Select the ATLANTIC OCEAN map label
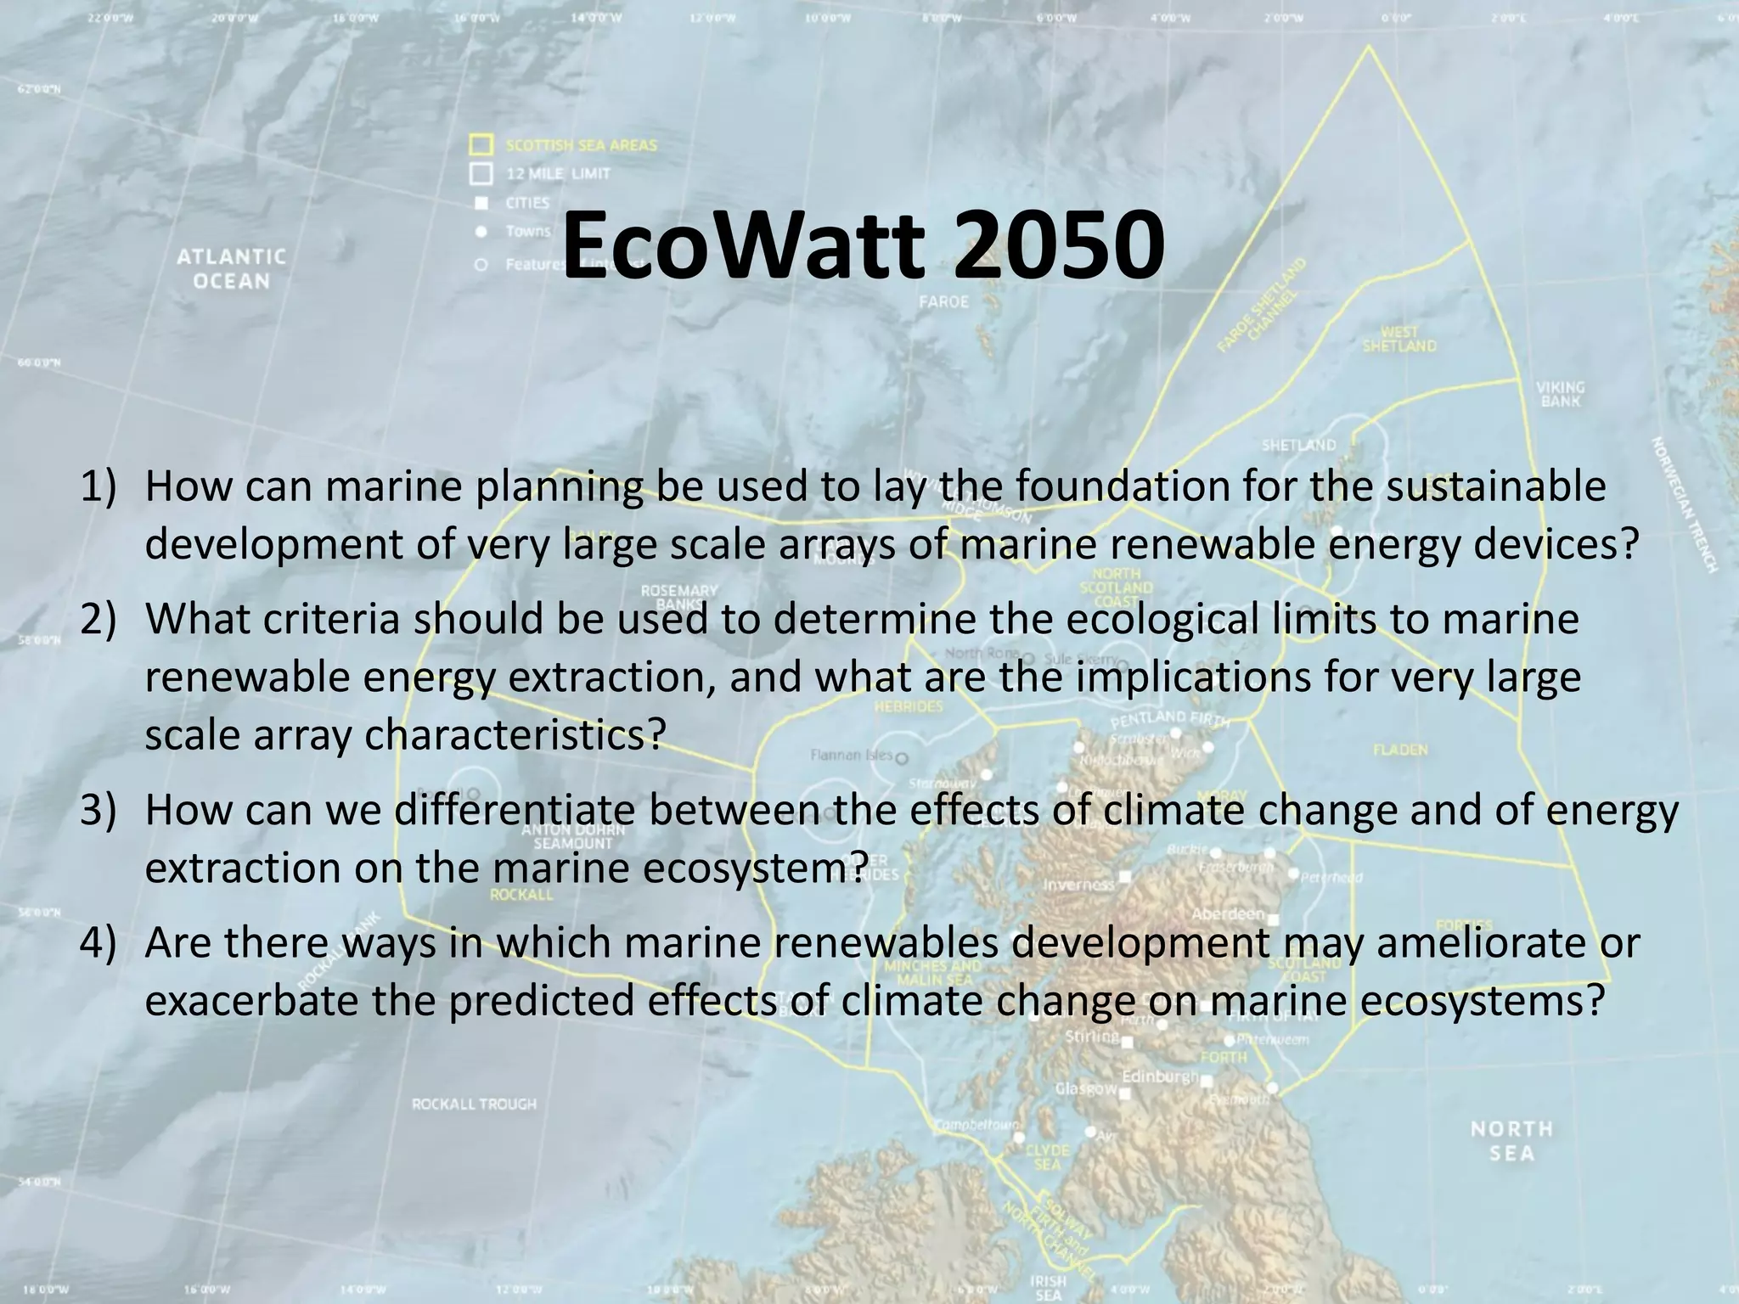coord(231,268)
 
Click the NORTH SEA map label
coord(1511,1140)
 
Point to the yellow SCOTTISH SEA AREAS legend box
coord(481,144)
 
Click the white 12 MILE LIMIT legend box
coord(481,174)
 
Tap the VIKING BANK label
coord(1560,394)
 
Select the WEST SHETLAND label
coord(1399,339)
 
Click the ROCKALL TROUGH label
coord(474,1104)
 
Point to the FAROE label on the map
coord(943,301)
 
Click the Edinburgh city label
coord(1160,1076)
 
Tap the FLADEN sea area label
coord(1400,750)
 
